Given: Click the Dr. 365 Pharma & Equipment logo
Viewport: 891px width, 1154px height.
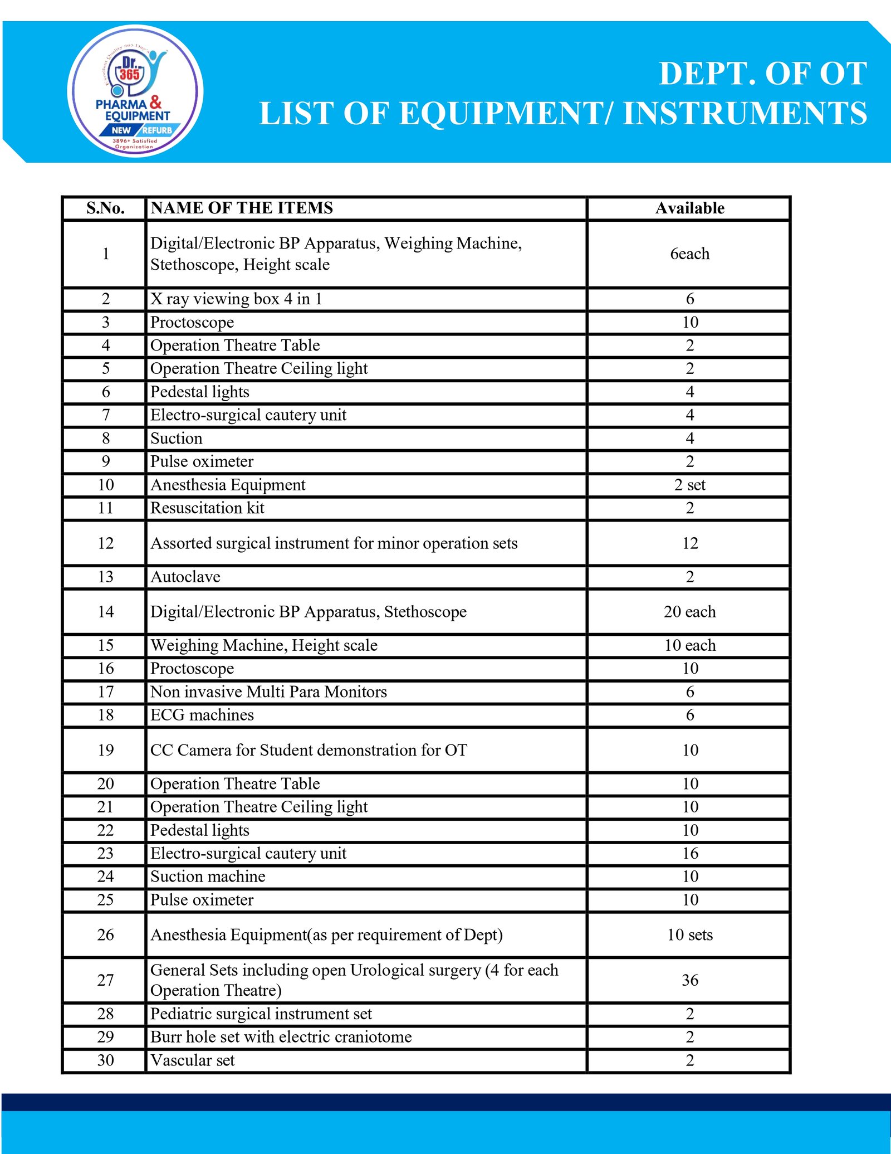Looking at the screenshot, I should pyautogui.click(x=135, y=91).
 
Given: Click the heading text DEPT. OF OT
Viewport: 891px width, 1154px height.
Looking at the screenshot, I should pyautogui.click(x=762, y=74).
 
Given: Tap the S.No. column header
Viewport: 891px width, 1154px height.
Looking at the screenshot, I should pyautogui.click(x=105, y=208).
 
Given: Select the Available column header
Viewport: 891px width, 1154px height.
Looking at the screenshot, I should pyautogui.click(x=689, y=208).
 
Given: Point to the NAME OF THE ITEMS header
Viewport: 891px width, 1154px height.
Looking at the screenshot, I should pyautogui.click(x=242, y=208).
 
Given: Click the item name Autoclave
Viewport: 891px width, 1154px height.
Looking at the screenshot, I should pyautogui.click(x=185, y=577).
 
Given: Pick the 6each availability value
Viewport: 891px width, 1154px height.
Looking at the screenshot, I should pyautogui.click(x=689, y=254).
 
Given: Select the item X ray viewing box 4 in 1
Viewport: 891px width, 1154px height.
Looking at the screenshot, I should pyautogui.click(x=236, y=299).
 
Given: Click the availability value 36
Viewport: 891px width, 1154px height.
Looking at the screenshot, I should pyautogui.click(x=689, y=980).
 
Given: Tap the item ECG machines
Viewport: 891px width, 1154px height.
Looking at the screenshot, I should pyautogui.click(x=202, y=715).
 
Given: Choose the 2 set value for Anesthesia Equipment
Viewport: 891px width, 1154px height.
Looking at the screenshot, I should pyautogui.click(x=689, y=485).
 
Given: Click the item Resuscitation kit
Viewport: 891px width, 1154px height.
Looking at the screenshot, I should pyautogui.click(x=207, y=508).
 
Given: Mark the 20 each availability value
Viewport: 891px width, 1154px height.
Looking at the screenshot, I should pyautogui.click(x=689, y=612).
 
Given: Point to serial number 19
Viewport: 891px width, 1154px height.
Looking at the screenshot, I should pyautogui.click(x=105, y=750).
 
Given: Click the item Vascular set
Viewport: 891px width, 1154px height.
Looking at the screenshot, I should pyautogui.click(x=193, y=1060).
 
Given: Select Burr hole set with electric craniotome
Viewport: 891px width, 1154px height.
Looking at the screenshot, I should pyautogui.click(x=281, y=1037).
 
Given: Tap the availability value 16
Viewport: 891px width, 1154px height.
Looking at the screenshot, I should pyautogui.click(x=689, y=854).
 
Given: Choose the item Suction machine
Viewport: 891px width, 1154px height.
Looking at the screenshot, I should pyautogui.click(x=208, y=877).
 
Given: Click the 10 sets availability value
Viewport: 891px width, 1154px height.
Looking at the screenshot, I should pyautogui.click(x=689, y=935).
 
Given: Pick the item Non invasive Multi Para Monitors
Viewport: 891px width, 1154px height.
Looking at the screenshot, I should pyautogui.click(x=268, y=692).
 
